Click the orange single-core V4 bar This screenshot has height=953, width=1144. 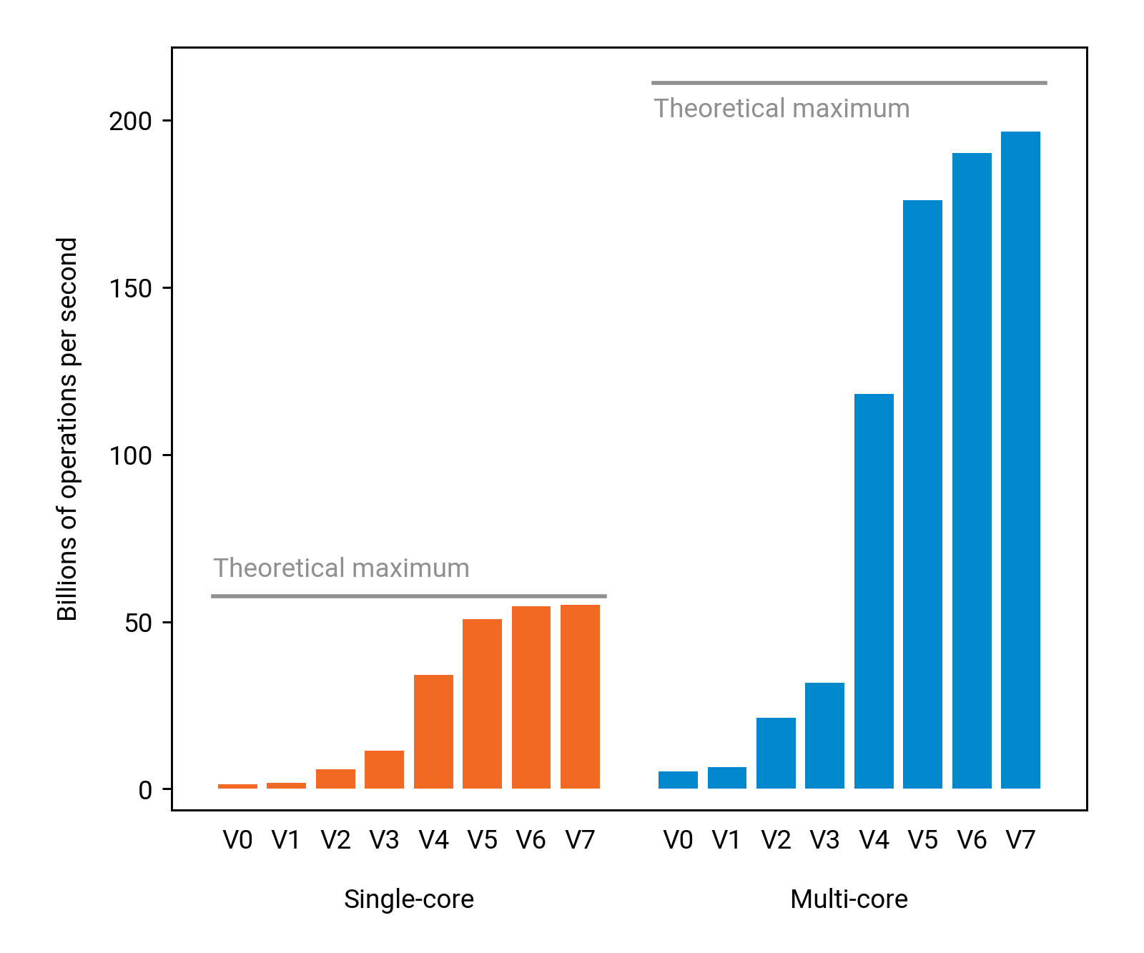433,731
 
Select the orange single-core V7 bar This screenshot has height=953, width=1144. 580,696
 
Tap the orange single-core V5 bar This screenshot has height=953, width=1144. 482,703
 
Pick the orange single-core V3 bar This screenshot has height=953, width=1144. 384,769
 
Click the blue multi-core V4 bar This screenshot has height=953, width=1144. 874,591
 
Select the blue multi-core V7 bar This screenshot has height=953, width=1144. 1020,460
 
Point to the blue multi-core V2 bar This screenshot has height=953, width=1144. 776,753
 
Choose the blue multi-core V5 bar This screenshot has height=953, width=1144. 922,494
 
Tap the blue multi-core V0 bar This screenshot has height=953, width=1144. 678,780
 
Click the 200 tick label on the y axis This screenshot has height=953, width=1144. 130,122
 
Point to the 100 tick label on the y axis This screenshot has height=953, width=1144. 130,455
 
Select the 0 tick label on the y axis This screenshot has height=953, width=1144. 145,790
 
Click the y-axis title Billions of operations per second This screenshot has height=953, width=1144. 67,429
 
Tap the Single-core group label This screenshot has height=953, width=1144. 409,899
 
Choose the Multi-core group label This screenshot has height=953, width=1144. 849,899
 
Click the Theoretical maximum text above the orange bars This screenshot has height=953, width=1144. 342,568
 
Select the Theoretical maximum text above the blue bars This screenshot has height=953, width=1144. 781,109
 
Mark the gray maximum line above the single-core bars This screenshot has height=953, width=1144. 409,596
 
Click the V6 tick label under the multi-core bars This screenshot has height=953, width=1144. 972,840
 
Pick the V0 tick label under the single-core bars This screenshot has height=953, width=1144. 237,840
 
